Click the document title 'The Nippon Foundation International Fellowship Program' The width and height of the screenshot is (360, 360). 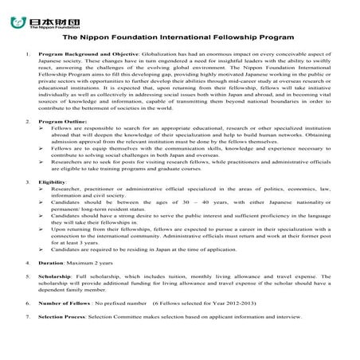coord(179,37)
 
